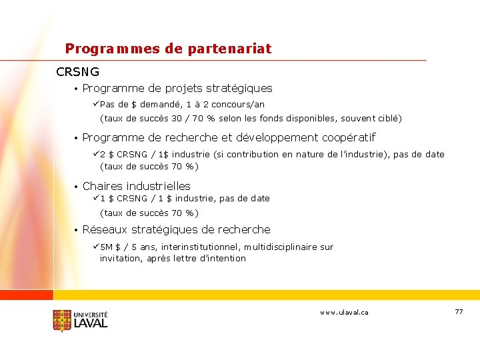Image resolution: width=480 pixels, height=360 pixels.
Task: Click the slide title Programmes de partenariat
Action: [x=168, y=49]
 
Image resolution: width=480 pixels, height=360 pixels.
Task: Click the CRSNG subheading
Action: [x=78, y=71]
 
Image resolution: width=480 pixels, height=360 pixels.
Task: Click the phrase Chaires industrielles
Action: [x=136, y=186]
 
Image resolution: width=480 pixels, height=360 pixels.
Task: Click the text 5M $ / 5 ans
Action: [x=128, y=247]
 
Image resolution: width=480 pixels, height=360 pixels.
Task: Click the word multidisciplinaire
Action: [x=280, y=247]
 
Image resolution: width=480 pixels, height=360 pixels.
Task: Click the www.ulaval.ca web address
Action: [x=344, y=312]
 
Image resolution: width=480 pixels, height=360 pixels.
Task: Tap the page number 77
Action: [x=458, y=312]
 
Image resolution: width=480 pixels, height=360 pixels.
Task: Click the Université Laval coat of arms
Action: [x=62, y=321]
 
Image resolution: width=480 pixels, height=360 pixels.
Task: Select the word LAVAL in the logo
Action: [x=90, y=323]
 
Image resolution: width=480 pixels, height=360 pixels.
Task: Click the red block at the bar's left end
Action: [x=27, y=295]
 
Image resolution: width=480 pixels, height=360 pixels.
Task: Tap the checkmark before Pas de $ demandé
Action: [x=96, y=105]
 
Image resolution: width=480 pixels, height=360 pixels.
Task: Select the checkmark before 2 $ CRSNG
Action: [x=96, y=154]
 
